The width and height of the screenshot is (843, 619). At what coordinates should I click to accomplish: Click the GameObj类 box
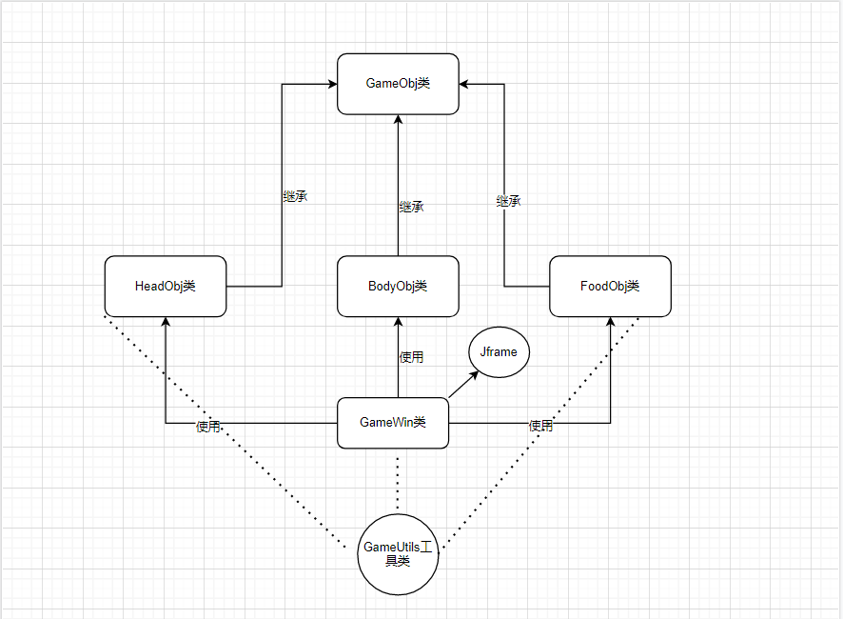(x=398, y=84)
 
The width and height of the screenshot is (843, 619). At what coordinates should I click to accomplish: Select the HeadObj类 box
(x=166, y=286)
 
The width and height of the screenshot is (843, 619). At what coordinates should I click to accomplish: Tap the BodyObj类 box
(x=398, y=286)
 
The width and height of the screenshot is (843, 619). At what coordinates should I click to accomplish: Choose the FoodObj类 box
(x=610, y=286)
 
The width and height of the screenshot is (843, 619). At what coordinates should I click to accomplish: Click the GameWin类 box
(x=392, y=422)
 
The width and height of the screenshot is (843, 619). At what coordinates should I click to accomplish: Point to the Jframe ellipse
(x=499, y=352)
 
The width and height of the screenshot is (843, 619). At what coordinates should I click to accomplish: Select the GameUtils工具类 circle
(x=398, y=553)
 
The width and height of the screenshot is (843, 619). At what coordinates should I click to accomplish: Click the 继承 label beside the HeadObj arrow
(x=295, y=197)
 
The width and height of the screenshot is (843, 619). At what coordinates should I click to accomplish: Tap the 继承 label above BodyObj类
(x=411, y=207)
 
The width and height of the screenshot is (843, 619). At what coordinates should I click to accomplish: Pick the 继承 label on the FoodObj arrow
(x=508, y=202)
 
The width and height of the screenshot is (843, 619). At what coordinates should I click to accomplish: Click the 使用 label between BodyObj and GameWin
(x=411, y=357)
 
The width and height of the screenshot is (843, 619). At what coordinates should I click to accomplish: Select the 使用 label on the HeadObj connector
(x=208, y=427)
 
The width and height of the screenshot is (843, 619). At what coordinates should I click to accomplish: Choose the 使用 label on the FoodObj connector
(x=540, y=427)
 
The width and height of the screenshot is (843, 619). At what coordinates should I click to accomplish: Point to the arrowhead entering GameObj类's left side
(x=332, y=84)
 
